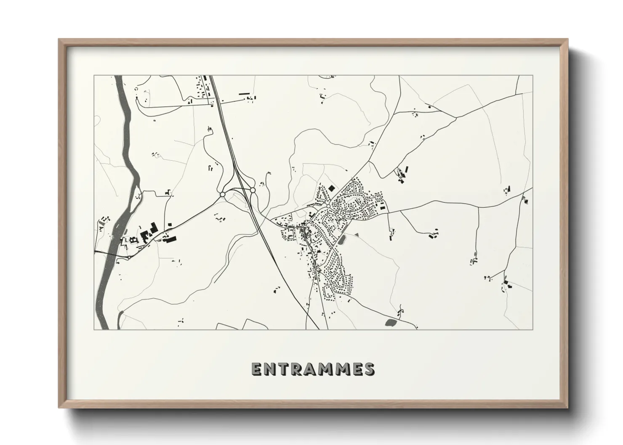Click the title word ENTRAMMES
(312, 369)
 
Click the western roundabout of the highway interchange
(222, 194)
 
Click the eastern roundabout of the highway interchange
(253, 191)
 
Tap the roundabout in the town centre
(327, 206)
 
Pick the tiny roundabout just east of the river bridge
(128, 257)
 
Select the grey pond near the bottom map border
(391, 323)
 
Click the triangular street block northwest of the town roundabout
(323, 195)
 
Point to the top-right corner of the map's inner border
(533, 76)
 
